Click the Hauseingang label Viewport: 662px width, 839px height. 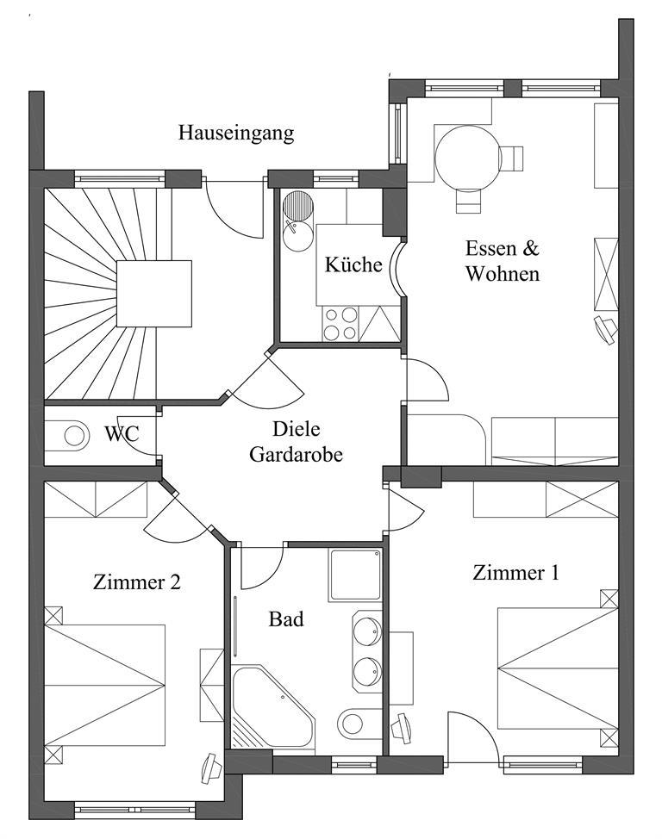(x=236, y=133)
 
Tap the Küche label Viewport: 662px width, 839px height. (x=353, y=264)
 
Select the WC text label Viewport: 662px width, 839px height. (x=122, y=433)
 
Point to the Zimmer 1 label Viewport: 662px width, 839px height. (x=515, y=573)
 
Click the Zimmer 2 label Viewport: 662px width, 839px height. (x=136, y=581)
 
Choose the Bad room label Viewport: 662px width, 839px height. (x=286, y=619)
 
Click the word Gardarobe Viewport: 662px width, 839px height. (x=297, y=454)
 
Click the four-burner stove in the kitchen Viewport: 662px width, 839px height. (x=340, y=324)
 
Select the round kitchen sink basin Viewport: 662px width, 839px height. (x=297, y=236)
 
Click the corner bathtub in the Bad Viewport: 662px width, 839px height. (x=272, y=707)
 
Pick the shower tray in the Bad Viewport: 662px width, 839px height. (x=355, y=575)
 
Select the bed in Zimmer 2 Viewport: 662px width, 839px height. (x=104, y=686)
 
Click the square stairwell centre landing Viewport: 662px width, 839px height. (x=154, y=293)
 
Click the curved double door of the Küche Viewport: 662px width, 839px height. (x=397, y=267)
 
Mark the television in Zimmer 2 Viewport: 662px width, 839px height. (x=211, y=769)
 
